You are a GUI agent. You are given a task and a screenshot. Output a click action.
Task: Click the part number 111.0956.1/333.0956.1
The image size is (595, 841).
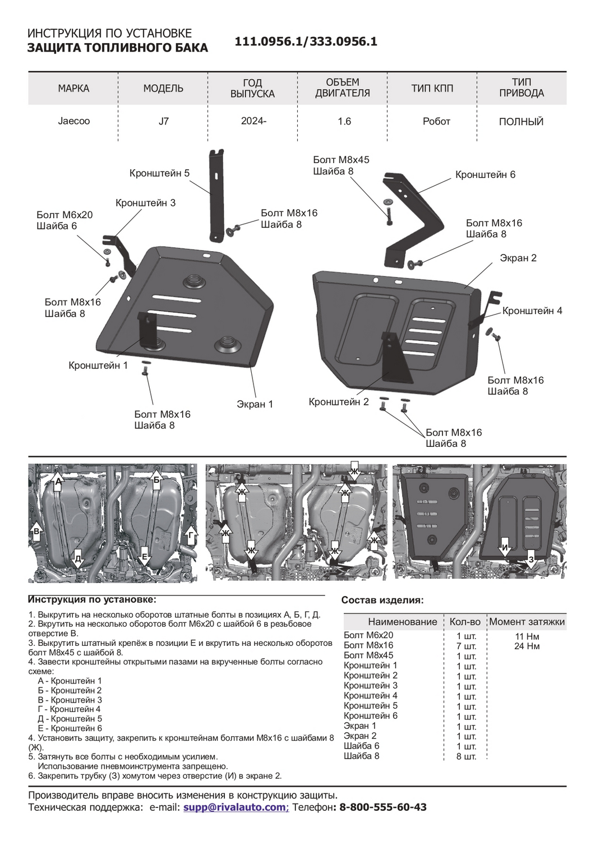[306, 41]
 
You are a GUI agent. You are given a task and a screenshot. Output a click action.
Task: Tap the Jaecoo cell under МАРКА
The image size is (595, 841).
[73, 121]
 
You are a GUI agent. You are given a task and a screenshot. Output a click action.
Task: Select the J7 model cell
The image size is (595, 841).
[163, 121]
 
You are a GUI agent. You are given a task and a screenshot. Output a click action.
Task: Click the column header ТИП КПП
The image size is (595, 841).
[432, 89]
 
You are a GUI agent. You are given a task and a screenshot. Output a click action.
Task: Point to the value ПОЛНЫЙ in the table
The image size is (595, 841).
[521, 122]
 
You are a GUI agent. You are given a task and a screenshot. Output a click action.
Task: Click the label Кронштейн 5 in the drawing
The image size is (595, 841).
[159, 173]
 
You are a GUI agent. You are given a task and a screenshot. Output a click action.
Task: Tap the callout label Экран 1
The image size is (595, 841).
[255, 404]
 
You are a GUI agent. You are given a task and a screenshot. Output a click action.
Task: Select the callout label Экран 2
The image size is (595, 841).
[518, 258]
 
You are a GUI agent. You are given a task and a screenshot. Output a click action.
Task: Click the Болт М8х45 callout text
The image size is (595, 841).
[341, 160]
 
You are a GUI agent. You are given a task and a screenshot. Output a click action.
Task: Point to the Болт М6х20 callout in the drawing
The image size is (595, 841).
[64, 215]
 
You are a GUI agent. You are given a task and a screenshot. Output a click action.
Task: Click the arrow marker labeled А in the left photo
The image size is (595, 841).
[58, 481]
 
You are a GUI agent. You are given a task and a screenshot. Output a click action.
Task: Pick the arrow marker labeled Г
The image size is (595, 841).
[191, 537]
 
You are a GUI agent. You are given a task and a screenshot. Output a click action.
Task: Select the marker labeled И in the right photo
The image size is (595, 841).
[505, 548]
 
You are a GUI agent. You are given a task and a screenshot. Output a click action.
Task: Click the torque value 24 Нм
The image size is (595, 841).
[527, 646]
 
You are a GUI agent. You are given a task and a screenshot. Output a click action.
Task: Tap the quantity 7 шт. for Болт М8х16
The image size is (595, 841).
[466, 646]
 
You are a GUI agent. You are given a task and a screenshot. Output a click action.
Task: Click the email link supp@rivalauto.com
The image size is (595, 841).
[234, 807]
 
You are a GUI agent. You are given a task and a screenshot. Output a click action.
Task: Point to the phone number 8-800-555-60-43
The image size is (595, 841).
[382, 807]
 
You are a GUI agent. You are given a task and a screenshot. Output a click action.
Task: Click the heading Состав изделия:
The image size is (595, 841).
[382, 600]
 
